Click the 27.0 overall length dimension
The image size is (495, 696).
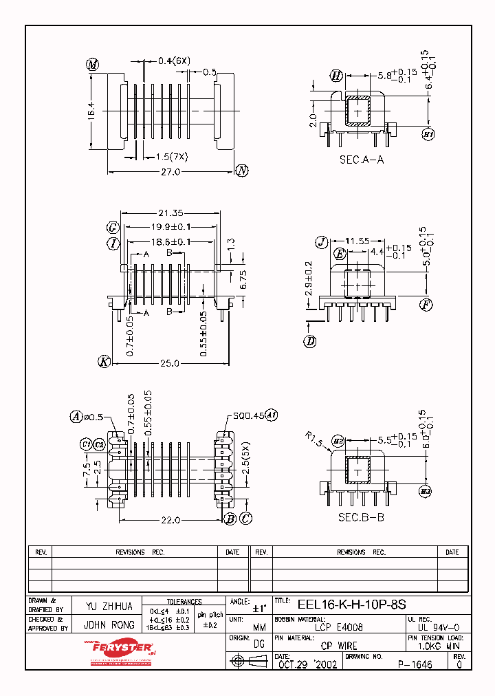coord(170,172)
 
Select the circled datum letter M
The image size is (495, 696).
coord(93,65)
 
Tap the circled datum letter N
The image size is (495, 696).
coord(242,171)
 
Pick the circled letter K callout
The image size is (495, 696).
coord(104,362)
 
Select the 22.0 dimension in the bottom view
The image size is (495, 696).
coord(170,520)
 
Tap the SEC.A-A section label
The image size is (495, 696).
coord(362,159)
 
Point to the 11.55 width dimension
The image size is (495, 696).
coord(357,241)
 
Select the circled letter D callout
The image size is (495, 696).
coord(310,340)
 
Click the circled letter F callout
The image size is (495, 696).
coord(427,303)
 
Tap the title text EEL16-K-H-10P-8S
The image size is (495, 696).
coord(351,605)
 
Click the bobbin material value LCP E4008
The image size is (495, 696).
coord(340,627)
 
